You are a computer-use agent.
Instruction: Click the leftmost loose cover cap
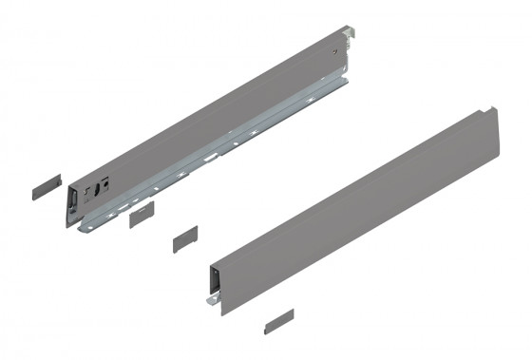[46, 184]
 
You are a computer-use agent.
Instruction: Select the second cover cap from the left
[140, 213]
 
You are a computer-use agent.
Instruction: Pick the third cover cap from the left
[184, 238]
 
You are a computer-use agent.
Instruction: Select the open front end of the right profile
[216, 282]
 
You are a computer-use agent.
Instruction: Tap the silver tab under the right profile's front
[211, 301]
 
